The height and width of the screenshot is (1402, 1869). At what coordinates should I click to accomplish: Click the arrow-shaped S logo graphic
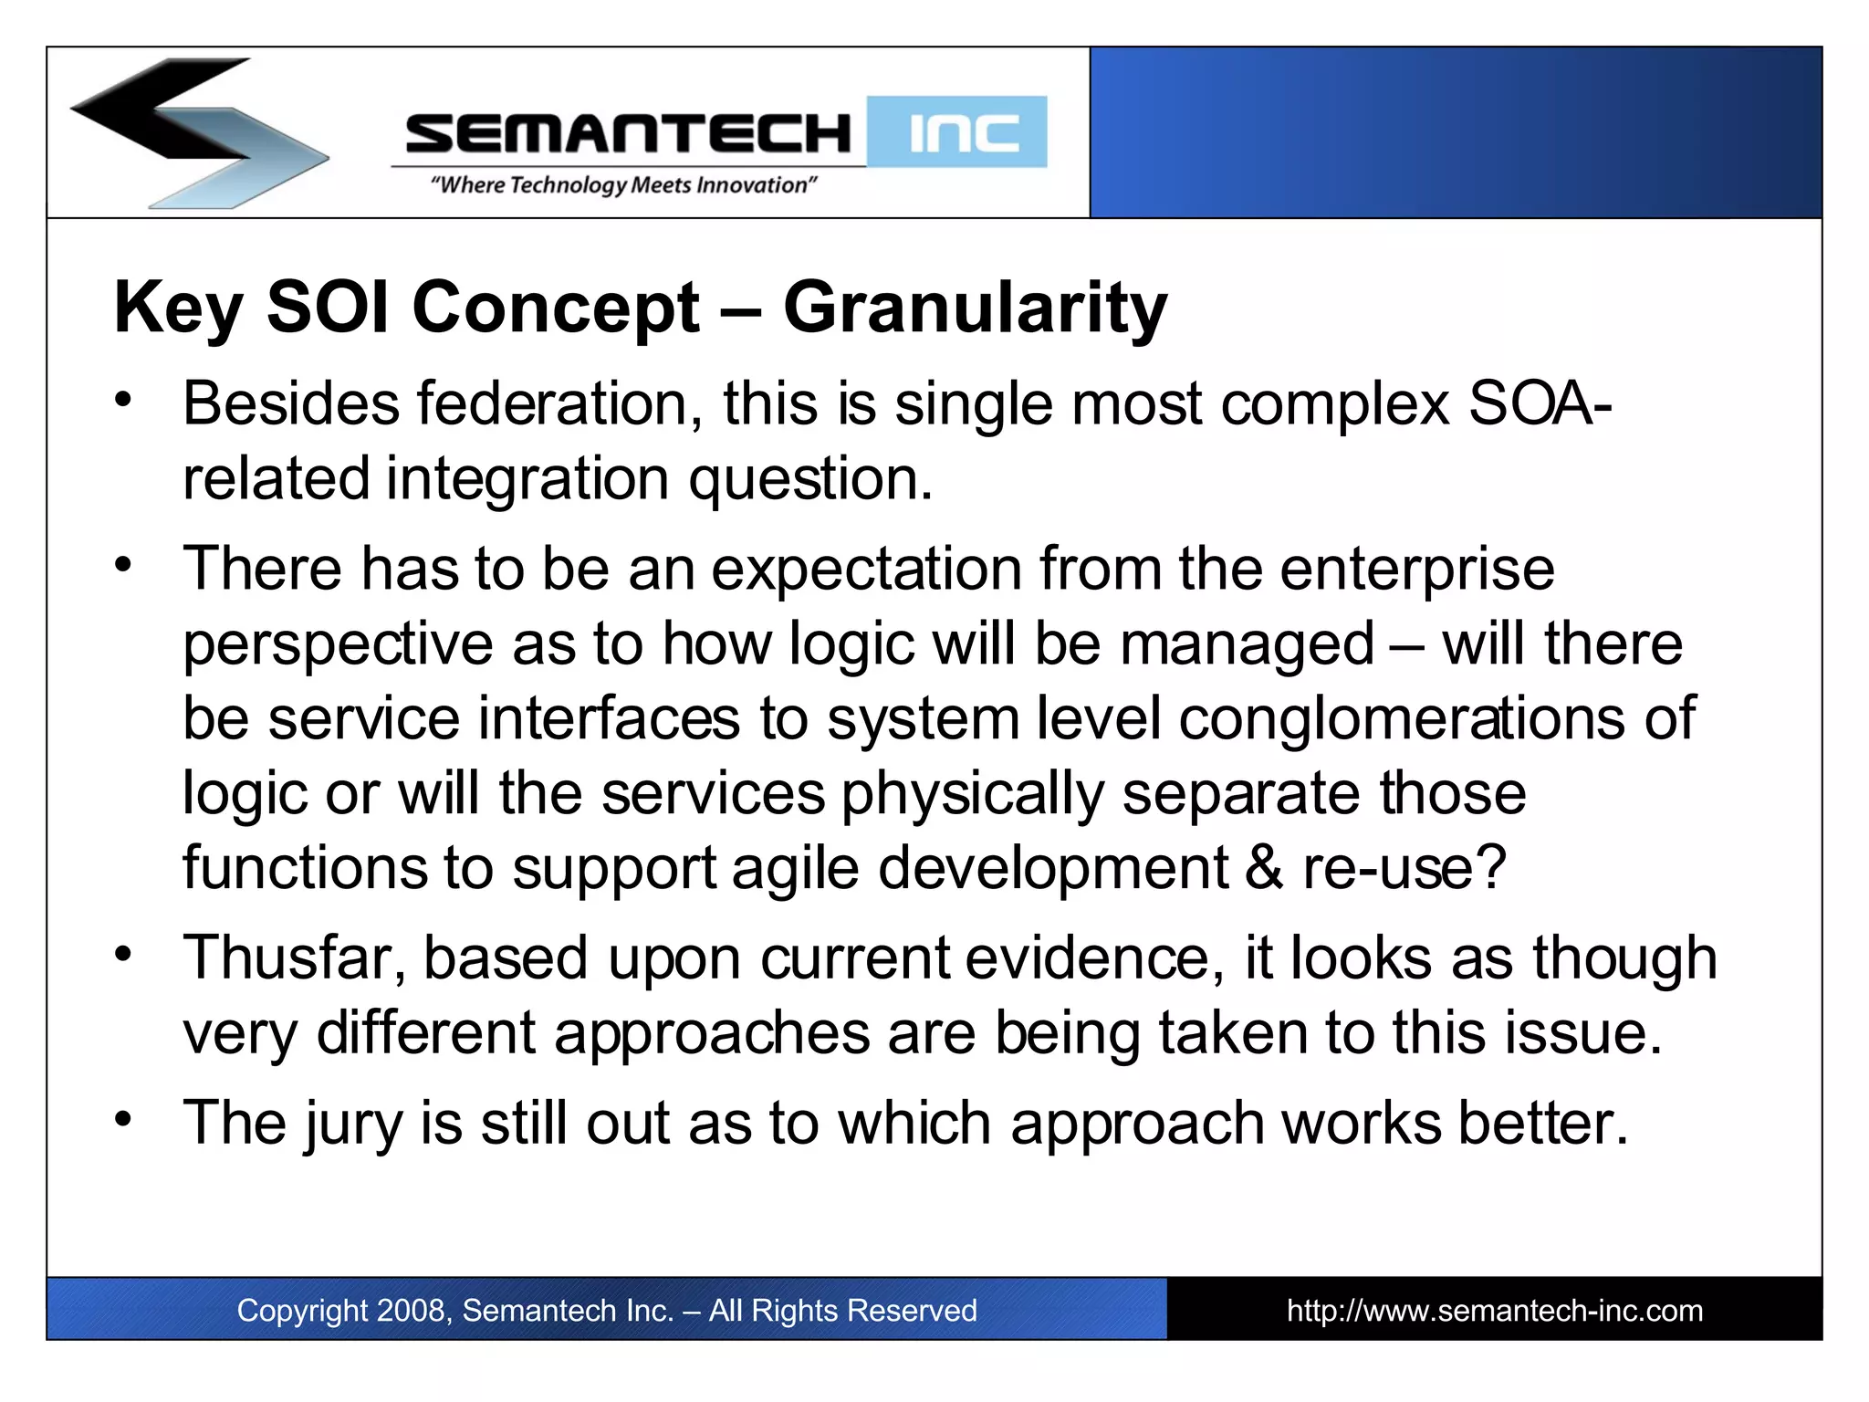click(x=196, y=132)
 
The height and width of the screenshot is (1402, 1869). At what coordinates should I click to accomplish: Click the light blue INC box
click(x=956, y=132)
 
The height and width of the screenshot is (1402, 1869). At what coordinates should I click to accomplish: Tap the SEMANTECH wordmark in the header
click(x=628, y=134)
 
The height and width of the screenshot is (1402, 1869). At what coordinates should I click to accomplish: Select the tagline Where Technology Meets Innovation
click(x=623, y=185)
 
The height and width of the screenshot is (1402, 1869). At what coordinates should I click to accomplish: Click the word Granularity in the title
click(x=975, y=309)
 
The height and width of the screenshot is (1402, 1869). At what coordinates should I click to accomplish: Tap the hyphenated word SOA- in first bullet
click(x=1540, y=403)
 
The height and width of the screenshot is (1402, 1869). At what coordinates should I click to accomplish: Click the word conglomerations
click(x=1401, y=719)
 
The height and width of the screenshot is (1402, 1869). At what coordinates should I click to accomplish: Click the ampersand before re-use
click(x=1264, y=868)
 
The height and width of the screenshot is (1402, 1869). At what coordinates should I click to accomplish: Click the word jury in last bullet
click(x=353, y=1125)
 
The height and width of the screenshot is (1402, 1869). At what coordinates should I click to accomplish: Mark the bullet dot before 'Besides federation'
click(x=124, y=399)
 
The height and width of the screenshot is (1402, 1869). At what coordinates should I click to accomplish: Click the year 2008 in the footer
click(x=411, y=1311)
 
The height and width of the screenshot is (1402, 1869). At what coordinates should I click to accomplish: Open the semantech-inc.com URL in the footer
click(x=1494, y=1311)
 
